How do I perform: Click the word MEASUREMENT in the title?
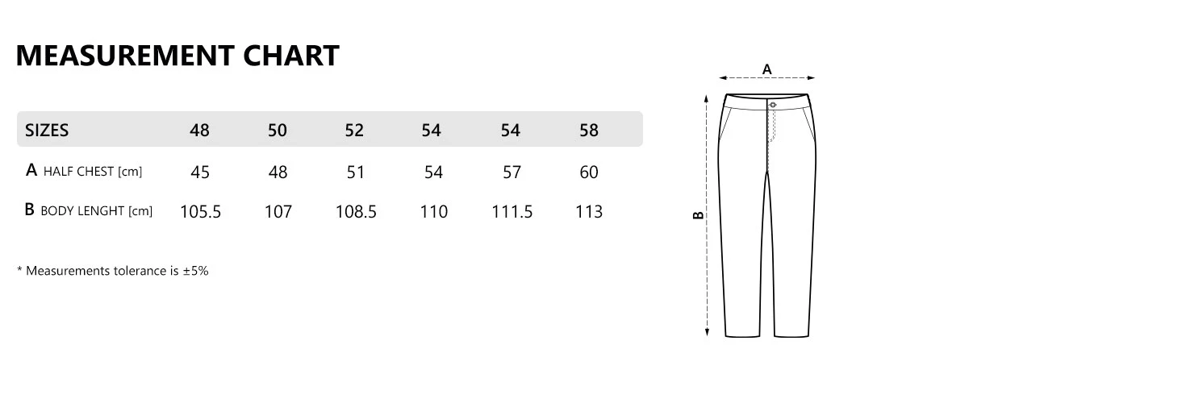[125, 56]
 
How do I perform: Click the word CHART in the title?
[291, 56]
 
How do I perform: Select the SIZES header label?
[47, 130]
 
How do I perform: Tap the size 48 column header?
[199, 130]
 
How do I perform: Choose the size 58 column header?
[589, 130]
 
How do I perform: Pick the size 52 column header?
[354, 130]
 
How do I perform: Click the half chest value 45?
[200, 172]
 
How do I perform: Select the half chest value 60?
[589, 172]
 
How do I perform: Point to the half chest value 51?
[355, 172]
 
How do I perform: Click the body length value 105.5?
[201, 211]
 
